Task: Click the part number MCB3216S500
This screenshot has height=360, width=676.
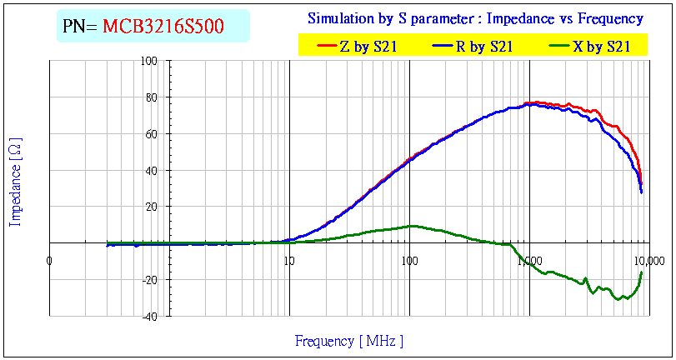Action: pos(163,27)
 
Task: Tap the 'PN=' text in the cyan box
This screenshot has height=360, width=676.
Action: pos(81,27)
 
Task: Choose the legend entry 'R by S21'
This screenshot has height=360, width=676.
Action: pos(484,47)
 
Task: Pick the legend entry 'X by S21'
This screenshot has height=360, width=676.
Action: pos(600,47)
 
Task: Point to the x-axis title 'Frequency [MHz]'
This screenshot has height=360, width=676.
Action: pos(349,341)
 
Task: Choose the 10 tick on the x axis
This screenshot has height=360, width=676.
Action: pos(289,262)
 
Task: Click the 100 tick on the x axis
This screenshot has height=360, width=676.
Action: pos(409,262)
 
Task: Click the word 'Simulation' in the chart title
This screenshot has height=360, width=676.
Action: pos(339,18)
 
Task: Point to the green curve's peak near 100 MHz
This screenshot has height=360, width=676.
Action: pos(411,226)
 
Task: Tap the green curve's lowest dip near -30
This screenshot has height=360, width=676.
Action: pos(618,298)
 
